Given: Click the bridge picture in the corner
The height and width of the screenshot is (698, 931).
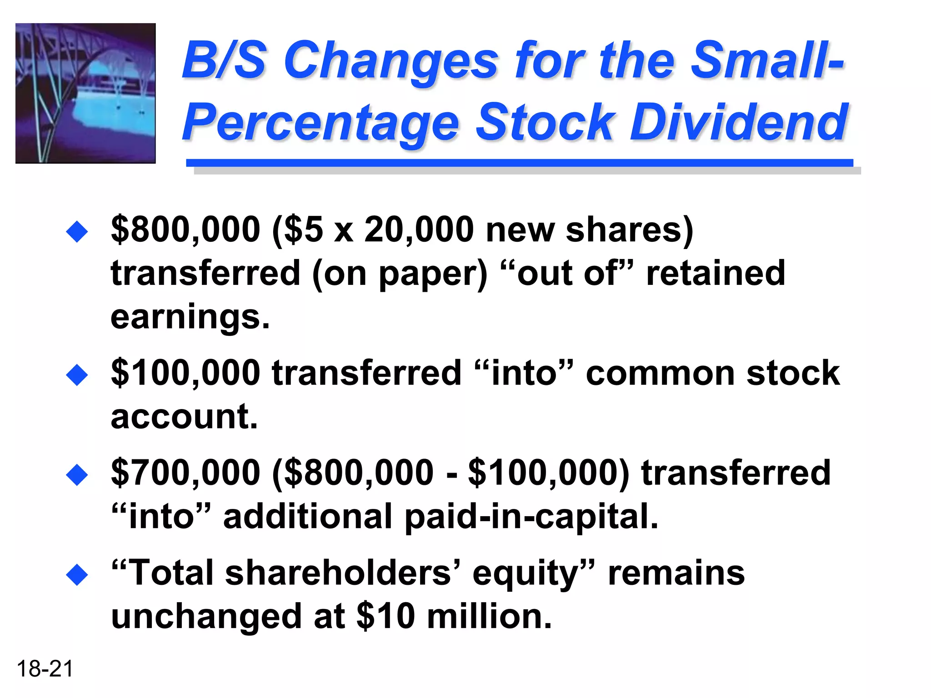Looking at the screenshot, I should pos(85,93).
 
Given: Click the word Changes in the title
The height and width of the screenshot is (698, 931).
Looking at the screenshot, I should pos(391,61).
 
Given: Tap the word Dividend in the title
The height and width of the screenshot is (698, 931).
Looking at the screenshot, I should pos(739,122).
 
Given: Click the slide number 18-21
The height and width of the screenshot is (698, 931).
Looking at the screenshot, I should pos(45,669).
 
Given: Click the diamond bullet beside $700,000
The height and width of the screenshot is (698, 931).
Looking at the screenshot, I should pos(77,475).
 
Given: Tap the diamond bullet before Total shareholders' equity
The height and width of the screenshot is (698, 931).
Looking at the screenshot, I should pos(77,575).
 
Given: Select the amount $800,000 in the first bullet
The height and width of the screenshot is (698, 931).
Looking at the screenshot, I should pos(185,229).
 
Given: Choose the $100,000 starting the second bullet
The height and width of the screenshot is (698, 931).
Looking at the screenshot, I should pos(185,373).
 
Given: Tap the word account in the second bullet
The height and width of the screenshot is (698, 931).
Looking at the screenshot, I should pos(184,416).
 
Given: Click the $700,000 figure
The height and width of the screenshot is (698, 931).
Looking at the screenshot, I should pos(185,473).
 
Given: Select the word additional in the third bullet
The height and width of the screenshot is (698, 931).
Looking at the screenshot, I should pos(308,517).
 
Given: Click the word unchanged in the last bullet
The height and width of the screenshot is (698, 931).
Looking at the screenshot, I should pos(206,617).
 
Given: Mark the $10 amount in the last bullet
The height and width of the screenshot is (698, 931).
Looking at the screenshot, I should pos(385,617).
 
